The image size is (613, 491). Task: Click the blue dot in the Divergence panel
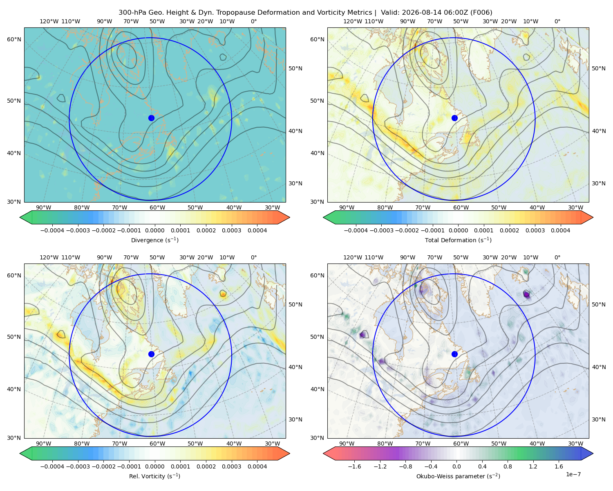click(x=151, y=118)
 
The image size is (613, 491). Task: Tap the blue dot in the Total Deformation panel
click(x=454, y=118)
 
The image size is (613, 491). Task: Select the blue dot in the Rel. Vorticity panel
click(x=151, y=354)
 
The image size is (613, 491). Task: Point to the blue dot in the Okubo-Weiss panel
click(x=454, y=354)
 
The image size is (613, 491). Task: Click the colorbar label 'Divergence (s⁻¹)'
click(x=154, y=240)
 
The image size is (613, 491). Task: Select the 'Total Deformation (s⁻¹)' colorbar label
click(x=458, y=240)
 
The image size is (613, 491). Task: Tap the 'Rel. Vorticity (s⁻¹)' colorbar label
click(x=154, y=476)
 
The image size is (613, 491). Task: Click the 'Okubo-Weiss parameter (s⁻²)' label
click(x=458, y=476)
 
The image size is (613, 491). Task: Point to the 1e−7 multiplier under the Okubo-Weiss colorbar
click(x=573, y=474)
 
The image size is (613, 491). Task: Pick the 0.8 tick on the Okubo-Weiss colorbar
click(x=507, y=466)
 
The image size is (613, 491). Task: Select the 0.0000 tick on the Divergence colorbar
click(x=154, y=230)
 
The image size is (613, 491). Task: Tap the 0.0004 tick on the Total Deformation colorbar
click(x=560, y=230)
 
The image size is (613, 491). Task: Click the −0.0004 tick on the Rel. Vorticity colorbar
click(x=52, y=466)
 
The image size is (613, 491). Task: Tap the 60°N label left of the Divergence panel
click(x=14, y=39)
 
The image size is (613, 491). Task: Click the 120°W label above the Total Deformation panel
click(x=353, y=21)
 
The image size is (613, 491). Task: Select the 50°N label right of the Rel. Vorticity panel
click(x=295, y=304)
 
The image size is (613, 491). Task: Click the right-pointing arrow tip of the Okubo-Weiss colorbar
click(x=593, y=453)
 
